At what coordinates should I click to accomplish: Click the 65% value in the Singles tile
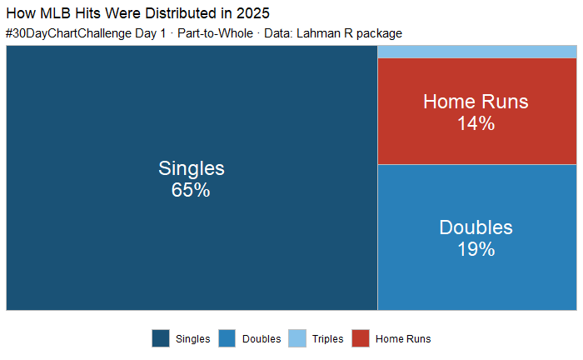(x=191, y=190)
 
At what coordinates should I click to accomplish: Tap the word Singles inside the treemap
(x=191, y=168)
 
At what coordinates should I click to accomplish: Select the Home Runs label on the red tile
(x=476, y=102)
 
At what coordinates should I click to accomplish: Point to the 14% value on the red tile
(x=476, y=123)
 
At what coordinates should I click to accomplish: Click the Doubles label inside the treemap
(x=476, y=227)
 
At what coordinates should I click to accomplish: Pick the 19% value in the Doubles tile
(x=476, y=249)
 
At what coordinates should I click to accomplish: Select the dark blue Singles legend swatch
(x=161, y=338)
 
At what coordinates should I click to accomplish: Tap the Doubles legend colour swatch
(x=228, y=338)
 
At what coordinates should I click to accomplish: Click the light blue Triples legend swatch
(x=297, y=338)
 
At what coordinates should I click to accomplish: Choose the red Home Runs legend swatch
(x=361, y=338)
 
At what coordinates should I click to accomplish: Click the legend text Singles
(x=192, y=339)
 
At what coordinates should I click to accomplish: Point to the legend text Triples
(x=327, y=339)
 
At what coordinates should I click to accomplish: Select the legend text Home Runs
(x=403, y=339)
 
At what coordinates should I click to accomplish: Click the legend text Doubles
(x=261, y=339)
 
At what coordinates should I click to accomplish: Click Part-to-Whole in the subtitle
(x=215, y=33)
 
